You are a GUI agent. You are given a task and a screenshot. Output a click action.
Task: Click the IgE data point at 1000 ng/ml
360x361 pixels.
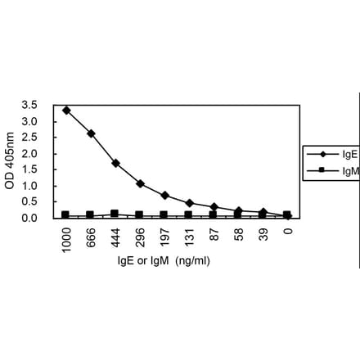click(x=66, y=110)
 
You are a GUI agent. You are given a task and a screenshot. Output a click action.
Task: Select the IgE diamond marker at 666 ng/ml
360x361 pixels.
click(x=91, y=133)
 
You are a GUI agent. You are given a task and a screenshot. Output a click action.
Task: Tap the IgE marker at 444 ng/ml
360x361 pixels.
click(x=115, y=163)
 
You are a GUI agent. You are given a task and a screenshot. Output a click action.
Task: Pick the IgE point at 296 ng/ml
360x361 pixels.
click(x=140, y=183)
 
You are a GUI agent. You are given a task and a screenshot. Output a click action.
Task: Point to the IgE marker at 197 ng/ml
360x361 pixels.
click(x=164, y=196)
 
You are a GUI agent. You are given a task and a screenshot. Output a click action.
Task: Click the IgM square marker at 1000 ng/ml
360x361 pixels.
click(x=66, y=214)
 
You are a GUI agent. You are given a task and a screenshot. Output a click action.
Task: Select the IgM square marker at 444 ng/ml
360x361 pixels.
click(x=115, y=214)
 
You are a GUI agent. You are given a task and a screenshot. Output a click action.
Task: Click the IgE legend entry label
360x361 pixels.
click(x=349, y=153)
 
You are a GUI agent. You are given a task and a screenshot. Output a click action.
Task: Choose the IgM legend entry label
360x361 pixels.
click(x=350, y=170)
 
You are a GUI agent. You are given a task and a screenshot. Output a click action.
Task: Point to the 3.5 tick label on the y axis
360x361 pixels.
click(x=29, y=106)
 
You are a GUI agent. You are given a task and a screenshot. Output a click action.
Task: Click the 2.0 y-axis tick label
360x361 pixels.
click(x=29, y=154)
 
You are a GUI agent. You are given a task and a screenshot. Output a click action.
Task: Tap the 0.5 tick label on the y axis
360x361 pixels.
click(x=29, y=202)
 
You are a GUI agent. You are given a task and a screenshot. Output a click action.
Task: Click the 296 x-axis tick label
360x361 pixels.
click(x=141, y=237)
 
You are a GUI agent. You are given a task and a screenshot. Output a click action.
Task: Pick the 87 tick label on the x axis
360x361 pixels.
click(x=214, y=234)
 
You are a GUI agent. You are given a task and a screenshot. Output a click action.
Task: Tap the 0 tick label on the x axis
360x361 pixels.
click(x=288, y=232)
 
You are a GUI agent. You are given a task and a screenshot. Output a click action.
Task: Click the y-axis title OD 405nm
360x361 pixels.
click(x=10, y=161)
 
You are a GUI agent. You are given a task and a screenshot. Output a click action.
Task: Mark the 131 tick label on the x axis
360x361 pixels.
click(x=190, y=237)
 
